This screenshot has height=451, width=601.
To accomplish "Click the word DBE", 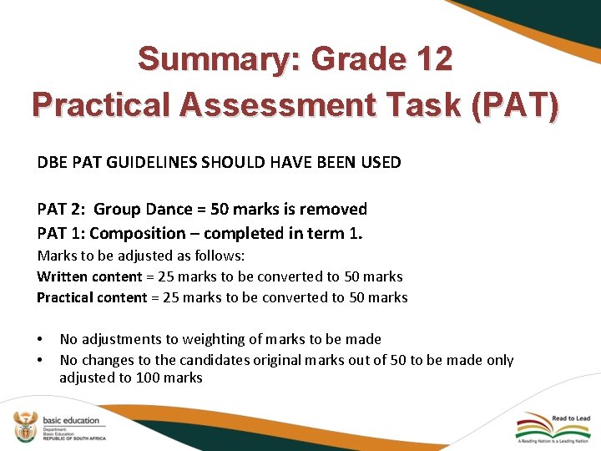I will (x=52, y=162).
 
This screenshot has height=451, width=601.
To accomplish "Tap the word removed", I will (x=334, y=209).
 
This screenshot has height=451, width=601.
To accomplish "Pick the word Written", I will (x=63, y=276).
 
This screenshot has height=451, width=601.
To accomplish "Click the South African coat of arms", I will (x=25, y=425).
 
